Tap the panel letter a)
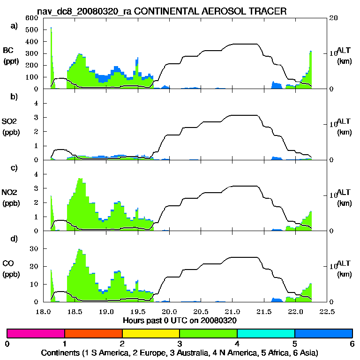pyautogui.click(x=14, y=26)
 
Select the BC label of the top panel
pyautogui.click(x=8, y=50)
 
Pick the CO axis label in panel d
pyautogui.click(x=8, y=263)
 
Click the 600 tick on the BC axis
pyautogui.click(x=31, y=18)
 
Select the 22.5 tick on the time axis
pyautogui.click(x=327, y=311)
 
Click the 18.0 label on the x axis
pyautogui.click(x=44, y=311)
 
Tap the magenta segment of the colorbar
pyautogui.click(x=36, y=333)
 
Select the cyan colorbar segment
pyautogui.click(x=266, y=333)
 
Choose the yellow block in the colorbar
pyautogui.click(x=151, y=333)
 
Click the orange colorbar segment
pyautogui.click(x=93, y=333)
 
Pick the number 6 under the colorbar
pyautogui.click(x=352, y=343)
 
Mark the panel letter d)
pyautogui.click(x=14, y=239)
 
